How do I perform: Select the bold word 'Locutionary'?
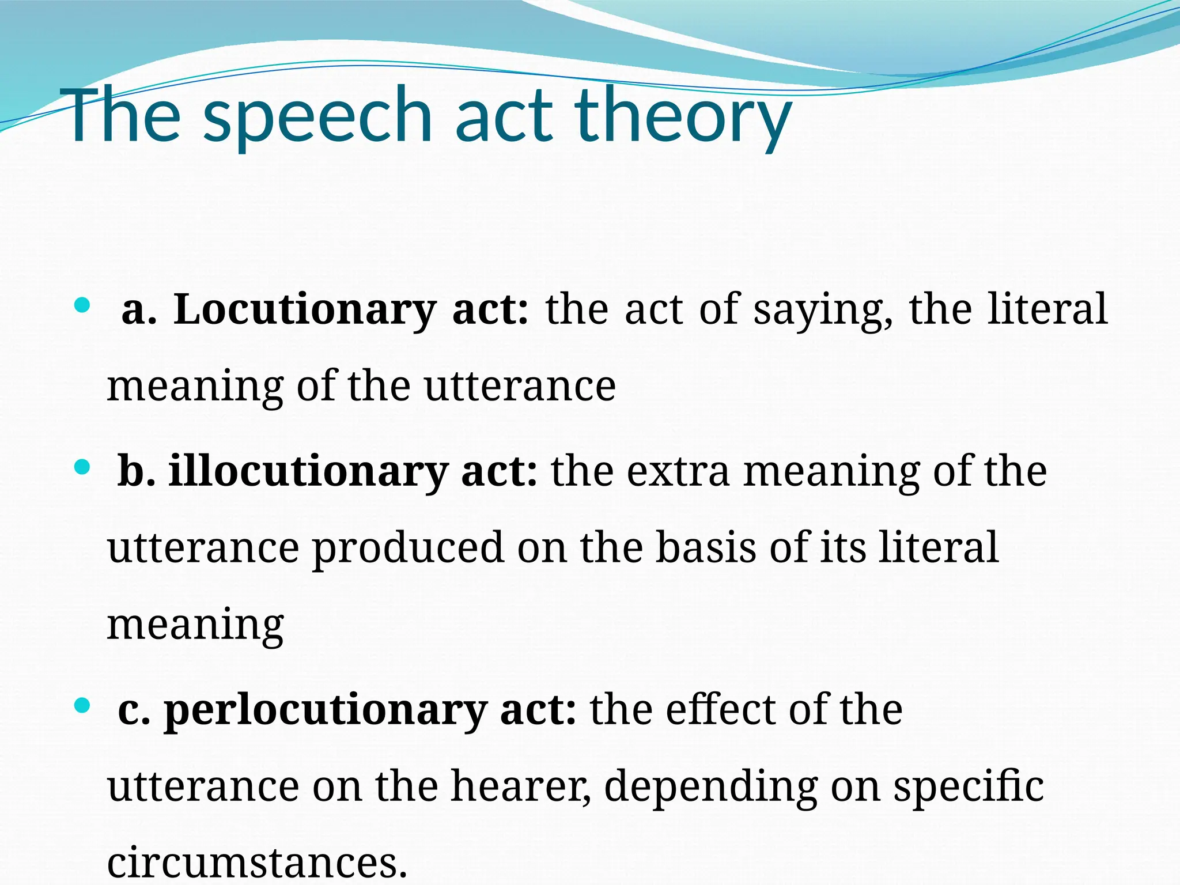pos(305,310)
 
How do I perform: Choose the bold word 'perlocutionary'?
pos(325,710)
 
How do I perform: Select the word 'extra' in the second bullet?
pos(678,471)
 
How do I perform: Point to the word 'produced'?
pos(409,549)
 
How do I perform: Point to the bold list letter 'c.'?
pos(134,711)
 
